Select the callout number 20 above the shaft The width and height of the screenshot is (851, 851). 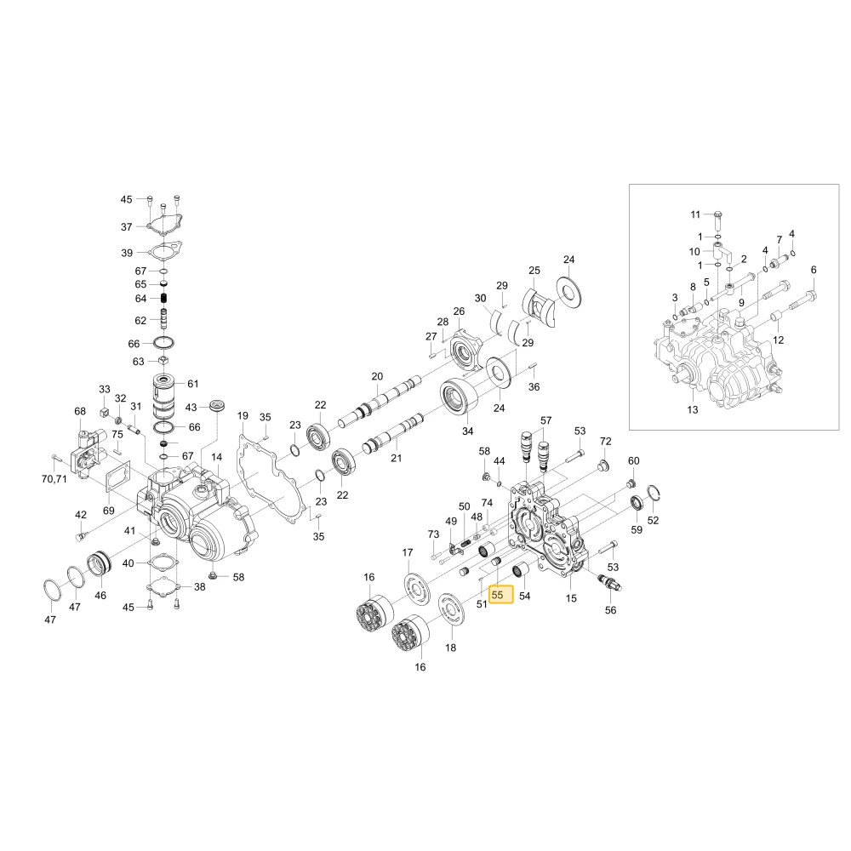tap(377, 376)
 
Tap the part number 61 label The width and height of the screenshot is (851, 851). tap(193, 384)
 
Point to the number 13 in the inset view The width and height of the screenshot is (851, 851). tap(693, 410)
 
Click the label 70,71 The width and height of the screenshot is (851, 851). tap(54, 478)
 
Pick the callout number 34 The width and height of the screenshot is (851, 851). tap(468, 431)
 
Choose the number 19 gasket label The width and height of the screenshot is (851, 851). tap(243, 415)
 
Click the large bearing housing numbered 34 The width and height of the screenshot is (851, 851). tap(460, 396)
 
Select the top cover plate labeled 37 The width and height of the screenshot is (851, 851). tap(164, 225)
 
